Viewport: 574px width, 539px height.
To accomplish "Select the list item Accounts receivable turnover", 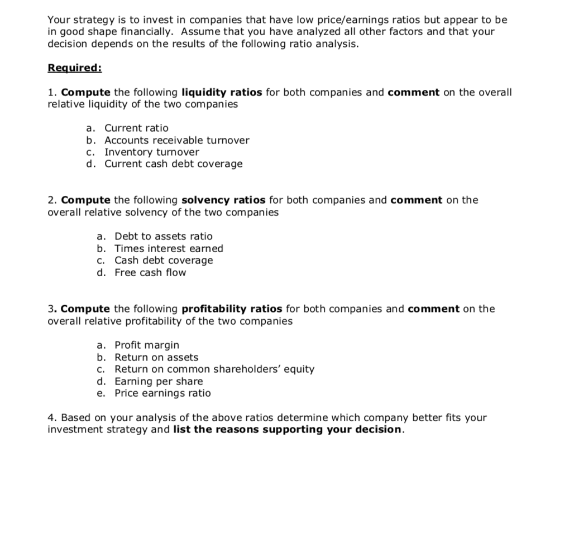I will pyautogui.click(x=176, y=140).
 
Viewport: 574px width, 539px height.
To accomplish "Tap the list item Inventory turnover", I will pyautogui.click(x=151, y=152).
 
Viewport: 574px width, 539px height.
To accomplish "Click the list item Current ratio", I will pyautogui.click(x=136, y=128).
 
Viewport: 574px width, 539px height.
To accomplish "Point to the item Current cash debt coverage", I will pyautogui.click(x=174, y=163).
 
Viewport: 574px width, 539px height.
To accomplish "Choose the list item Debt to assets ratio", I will pyautogui.click(x=163, y=237).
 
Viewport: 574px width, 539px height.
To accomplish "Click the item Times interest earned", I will pyautogui.click(x=169, y=248).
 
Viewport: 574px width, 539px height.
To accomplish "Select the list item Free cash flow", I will pyautogui.click(x=150, y=272).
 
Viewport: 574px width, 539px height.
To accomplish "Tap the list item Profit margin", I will pyautogui.click(x=147, y=345).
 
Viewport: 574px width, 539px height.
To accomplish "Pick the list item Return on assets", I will pyautogui.click(x=156, y=357).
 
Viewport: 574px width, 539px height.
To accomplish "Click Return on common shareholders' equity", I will pyautogui.click(x=214, y=369).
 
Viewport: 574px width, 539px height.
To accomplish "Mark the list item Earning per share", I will pyautogui.click(x=159, y=381).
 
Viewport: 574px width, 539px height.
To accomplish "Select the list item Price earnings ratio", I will pyautogui.click(x=162, y=393).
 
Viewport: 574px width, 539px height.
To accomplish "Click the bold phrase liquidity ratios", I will pyautogui.click(x=222, y=92).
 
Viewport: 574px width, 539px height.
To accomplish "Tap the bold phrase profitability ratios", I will pyautogui.click(x=232, y=309).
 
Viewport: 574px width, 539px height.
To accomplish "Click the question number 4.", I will pyautogui.click(x=51, y=417).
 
